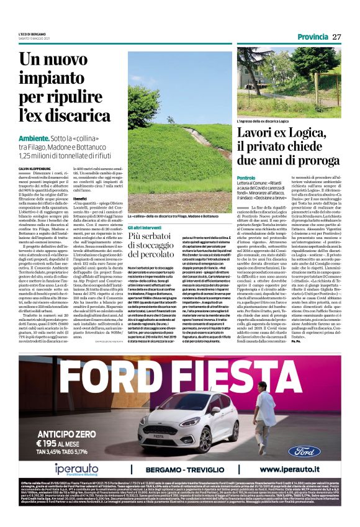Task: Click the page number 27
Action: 337,37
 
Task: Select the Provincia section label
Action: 312,37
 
